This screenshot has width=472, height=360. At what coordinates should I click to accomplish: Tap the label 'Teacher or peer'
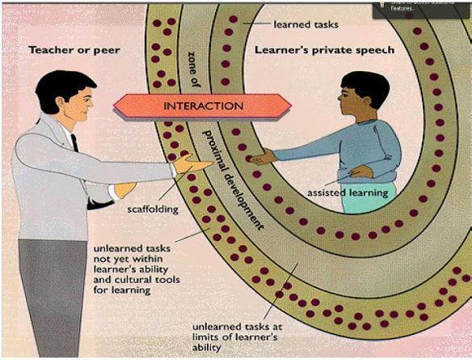click(x=74, y=50)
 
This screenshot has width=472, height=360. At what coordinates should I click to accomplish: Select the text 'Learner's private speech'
click(x=324, y=50)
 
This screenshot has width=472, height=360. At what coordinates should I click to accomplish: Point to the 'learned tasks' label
click(x=304, y=24)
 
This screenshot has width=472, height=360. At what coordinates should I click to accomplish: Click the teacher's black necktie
click(x=75, y=145)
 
